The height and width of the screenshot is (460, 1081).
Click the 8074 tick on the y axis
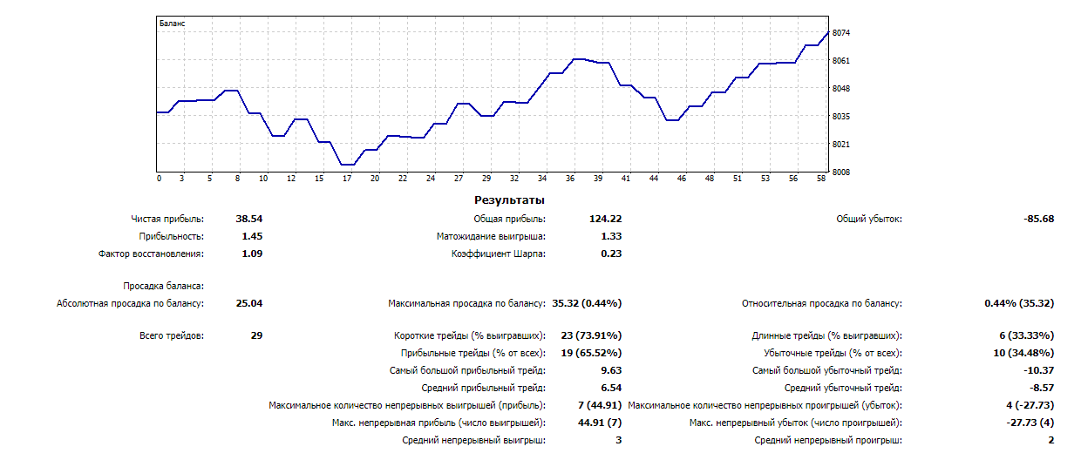pyautogui.click(x=841, y=33)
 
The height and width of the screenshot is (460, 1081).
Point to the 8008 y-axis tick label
pyautogui.click(x=841, y=172)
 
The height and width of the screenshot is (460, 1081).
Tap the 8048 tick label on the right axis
pyautogui.click(x=841, y=89)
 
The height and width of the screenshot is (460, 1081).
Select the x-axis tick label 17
pyautogui.click(x=346, y=179)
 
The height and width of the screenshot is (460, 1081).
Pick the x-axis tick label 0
pyautogui.click(x=159, y=179)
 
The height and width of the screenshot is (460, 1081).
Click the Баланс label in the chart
pyautogui.click(x=173, y=24)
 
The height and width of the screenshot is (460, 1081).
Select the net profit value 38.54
pyautogui.click(x=249, y=219)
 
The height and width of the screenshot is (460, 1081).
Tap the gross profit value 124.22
pyautogui.click(x=605, y=219)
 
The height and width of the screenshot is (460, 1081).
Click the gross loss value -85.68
pyautogui.click(x=1038, y=219)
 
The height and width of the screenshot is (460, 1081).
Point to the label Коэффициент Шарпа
pyautogui.click(x=498, y=254)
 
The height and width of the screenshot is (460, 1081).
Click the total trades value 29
pyautogui.click(x=255, y=335)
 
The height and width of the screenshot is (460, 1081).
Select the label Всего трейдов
pyautogui.click(x=172, y=335)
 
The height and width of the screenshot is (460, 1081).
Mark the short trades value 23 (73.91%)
pyautogui.click(x=591, y=335)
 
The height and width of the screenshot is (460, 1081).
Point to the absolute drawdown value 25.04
pyautogui.click(x=249, y=303)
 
